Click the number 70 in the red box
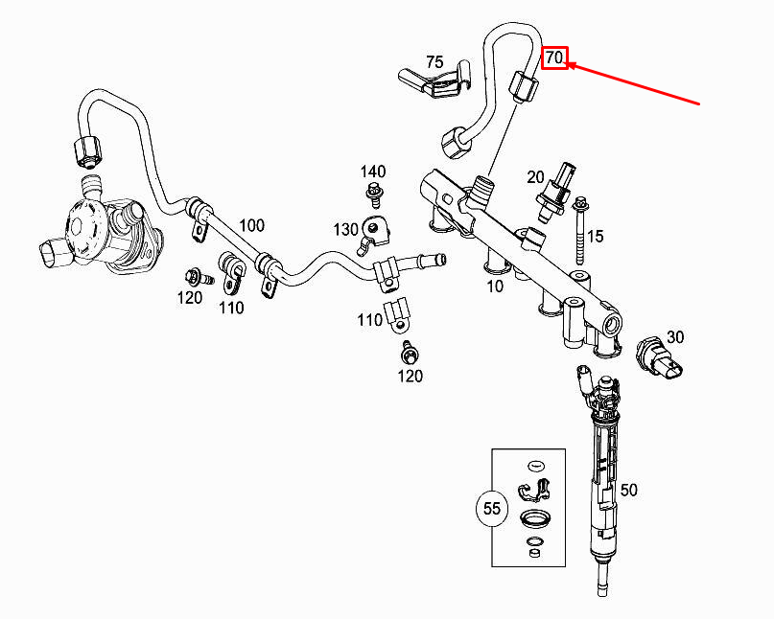click(x=554, y=58)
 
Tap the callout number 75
click(x=434, y=62)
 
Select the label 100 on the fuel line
click(x=251, y=225)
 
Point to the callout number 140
click(x=373, y=172)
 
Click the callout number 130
click(x=345, y=229)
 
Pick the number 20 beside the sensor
click(x=535, y=176)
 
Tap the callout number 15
click(x=596, y=237)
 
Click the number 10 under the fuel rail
click(x=495, y=287)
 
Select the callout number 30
click(x=675, y=337)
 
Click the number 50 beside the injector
click(x=628, y=490)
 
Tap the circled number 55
click(x=492, y=508)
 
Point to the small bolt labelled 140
click(x=374, y=195)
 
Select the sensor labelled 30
click(x=659, y=357)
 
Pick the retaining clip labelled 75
click(x=434, y=80)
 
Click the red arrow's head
click(x=570, y=64)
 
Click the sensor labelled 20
click(x=555, y=193)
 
